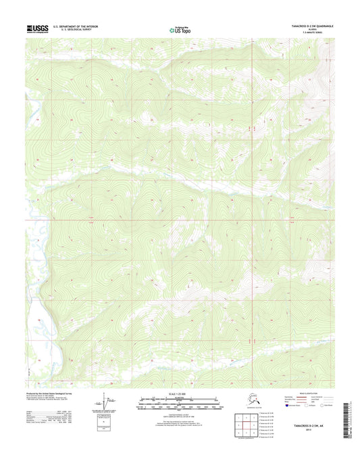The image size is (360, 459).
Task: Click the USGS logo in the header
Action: tap(38, 28)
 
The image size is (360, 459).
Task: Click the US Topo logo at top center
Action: tap(178, 29)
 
